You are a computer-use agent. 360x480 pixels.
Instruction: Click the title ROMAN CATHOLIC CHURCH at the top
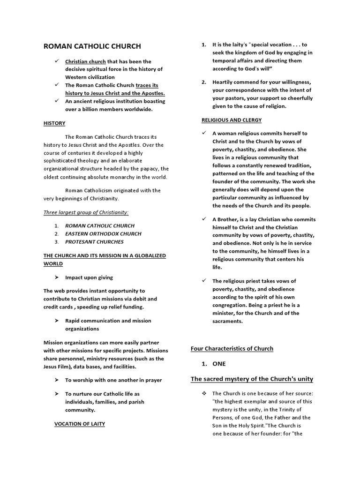[92, 46]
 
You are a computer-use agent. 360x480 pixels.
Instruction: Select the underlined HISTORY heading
[54, 123]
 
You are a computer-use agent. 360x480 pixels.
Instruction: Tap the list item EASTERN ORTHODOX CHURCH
[103, 233]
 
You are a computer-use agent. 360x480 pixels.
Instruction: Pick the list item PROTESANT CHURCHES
[94, 242]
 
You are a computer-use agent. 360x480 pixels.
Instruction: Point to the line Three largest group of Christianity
[86, 212]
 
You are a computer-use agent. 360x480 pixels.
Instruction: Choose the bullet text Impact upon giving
[89, 277]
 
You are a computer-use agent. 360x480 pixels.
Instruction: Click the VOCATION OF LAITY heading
[80, 424]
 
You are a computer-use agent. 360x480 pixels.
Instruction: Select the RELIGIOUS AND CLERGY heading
[232, 120]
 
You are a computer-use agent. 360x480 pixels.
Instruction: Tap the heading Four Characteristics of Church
[232, 349]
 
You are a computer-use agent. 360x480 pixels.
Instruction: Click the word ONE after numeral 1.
[219, 364]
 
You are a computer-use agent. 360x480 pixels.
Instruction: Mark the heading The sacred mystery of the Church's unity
[252, 379]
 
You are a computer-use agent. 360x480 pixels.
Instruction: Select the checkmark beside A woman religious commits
[204, 133]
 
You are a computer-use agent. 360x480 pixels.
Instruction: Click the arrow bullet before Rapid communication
[56, 321]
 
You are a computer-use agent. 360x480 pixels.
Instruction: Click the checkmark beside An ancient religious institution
[56, 101]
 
